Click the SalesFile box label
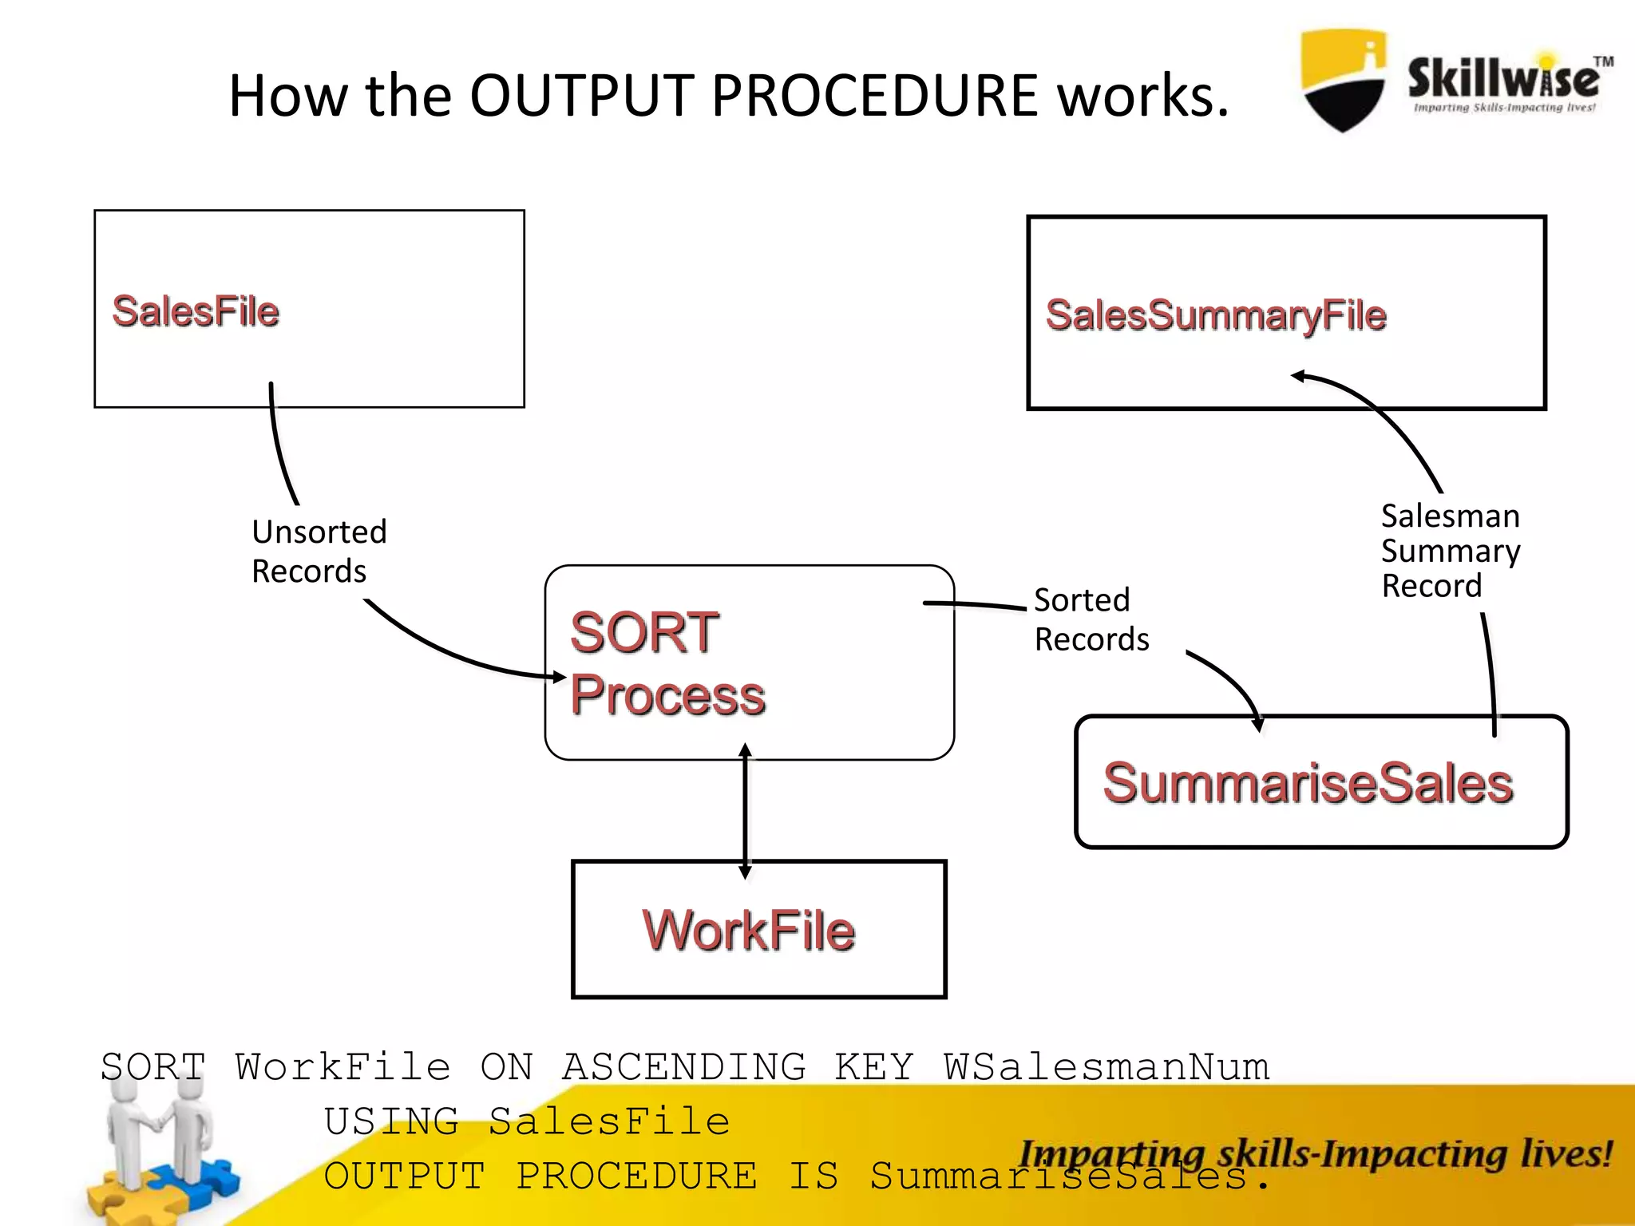196,311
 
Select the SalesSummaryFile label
1215,315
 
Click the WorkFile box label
748,931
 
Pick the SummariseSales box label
1307,783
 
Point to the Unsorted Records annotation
318,552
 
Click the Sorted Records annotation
1091,620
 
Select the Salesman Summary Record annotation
1450,551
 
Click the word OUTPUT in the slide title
582,96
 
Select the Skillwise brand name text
1503,78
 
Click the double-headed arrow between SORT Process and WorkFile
745,810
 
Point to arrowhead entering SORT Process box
560,677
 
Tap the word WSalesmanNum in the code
1106,1067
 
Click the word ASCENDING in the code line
683,1067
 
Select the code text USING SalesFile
527,1121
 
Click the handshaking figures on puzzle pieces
160,1149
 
